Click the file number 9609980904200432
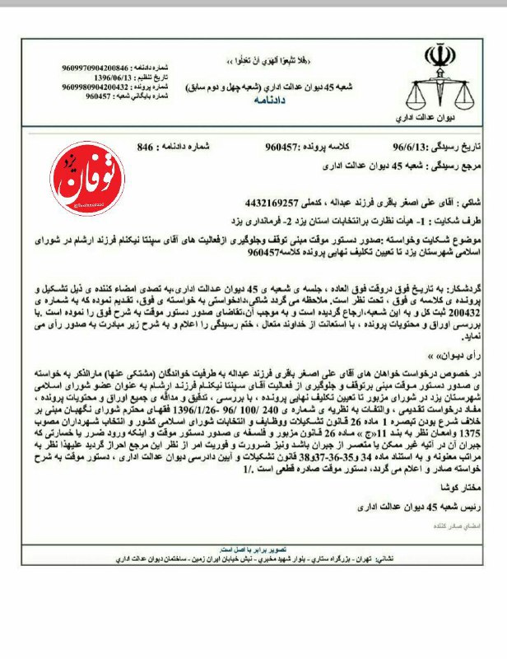[x=95, y=86]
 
